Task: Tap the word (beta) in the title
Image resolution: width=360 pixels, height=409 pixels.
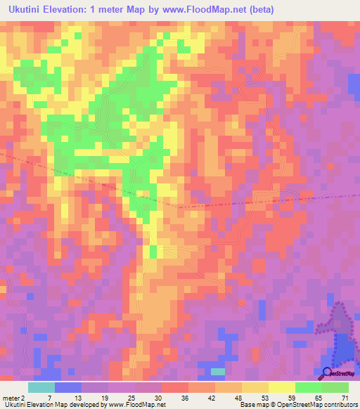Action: click(x=259, y=10)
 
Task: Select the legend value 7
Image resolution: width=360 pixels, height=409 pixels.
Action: click(x=50, y=397)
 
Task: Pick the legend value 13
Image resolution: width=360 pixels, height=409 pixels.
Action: click(x=77, y=397)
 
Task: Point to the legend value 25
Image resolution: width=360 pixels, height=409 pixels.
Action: click(x=131, y=397)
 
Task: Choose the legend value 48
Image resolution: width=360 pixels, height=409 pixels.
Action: click(x=238, y=397)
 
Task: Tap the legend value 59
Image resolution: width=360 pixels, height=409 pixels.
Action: click(x=292, y=397)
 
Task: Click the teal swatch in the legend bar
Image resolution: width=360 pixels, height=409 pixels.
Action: click(x=41, y=387)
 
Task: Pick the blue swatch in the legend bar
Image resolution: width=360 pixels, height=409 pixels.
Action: click(x=68, y=387)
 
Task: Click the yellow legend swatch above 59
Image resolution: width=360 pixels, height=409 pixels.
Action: click(x=282, y=387)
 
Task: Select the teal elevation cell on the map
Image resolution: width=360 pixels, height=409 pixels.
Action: click(x=219, y=371)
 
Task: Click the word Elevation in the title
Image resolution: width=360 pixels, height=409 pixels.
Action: click(x=78, y=10)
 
